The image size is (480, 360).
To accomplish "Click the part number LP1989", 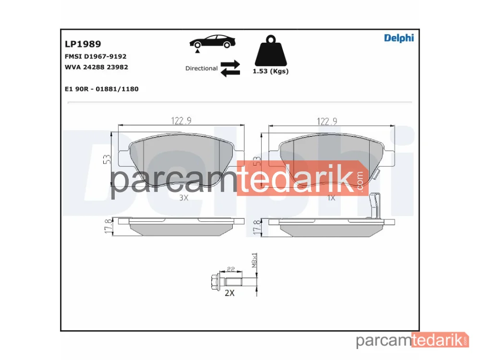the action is (x=83, y=44).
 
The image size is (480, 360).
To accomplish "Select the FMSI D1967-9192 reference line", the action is (x=96, y=56).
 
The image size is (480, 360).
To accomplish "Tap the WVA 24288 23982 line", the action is (x=96, y=67).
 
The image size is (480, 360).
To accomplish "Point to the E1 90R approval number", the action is (x=102, y=89).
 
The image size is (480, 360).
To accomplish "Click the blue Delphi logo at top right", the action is (x=399, y=38).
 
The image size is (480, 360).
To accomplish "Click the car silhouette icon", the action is (x=213, y=43).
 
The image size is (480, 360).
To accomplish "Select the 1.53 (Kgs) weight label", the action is (x=271, y=72).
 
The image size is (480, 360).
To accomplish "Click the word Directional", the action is (x=202, y=68).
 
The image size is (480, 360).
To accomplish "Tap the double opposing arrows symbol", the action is (x=230, y=69).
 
